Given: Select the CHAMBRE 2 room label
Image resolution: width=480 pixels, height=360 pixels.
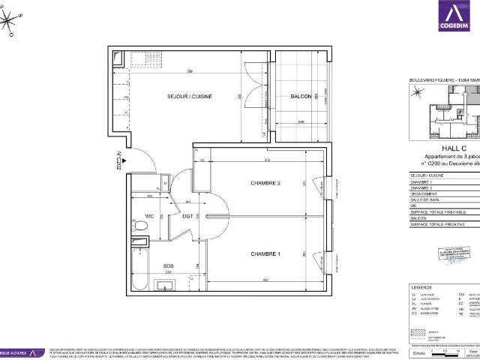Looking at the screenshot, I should (265, 183).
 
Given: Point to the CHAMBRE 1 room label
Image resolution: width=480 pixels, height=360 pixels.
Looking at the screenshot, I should (265, 254).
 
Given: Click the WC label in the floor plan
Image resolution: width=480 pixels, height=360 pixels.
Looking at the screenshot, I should (149, 220).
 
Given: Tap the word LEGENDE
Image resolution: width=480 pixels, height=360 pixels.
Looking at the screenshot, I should (421, 288).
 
